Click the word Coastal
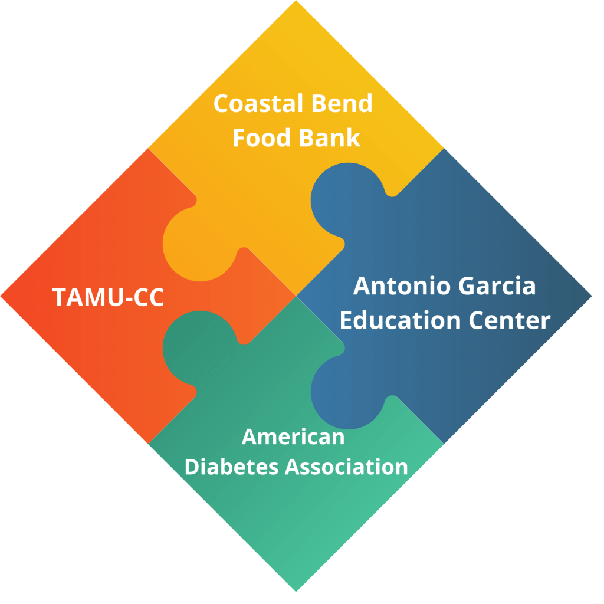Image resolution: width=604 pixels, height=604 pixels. tap(254, 104)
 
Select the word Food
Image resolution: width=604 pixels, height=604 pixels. tap(260, 138)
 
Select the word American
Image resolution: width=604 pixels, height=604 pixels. tap(293, 438)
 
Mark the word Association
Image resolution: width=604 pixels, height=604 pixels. tap(347, 467)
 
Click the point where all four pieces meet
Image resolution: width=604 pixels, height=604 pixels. tap(296, 295)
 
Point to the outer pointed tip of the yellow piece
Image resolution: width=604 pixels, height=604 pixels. tap(296, 3)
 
